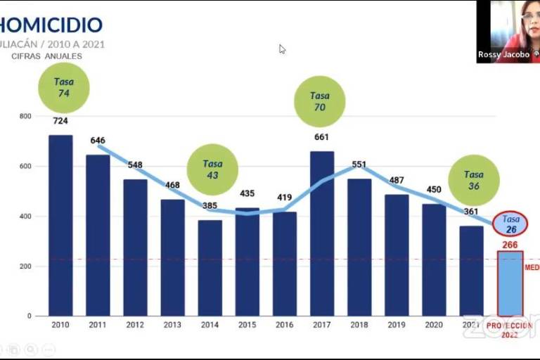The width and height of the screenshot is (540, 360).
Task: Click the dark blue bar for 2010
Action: pos(60,225)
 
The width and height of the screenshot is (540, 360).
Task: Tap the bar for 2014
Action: pos(210,268)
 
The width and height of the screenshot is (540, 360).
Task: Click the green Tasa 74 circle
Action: pos(64,87)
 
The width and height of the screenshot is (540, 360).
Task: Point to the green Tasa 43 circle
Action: pos(212,169)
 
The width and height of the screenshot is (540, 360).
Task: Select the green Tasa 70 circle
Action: pos(319,101)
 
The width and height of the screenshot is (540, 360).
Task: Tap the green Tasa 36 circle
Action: pos(474,181)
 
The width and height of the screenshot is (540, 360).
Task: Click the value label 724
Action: pos(60,121)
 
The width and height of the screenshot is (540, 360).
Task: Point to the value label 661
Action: pos(321,137)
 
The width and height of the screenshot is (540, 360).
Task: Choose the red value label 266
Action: pos(510,245)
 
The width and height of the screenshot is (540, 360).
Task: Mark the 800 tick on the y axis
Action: pos(25,116)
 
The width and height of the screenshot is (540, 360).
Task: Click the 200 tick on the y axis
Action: pos(25,266)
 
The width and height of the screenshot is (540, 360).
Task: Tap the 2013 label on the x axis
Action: pos(172,325)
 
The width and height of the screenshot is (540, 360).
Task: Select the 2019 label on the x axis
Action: pos(397,325)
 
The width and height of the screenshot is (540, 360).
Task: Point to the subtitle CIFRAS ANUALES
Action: pos(46,56)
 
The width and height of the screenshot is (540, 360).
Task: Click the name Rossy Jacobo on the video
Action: pos(503,55)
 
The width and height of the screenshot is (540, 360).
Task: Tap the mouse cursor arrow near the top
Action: pos(282,49)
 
